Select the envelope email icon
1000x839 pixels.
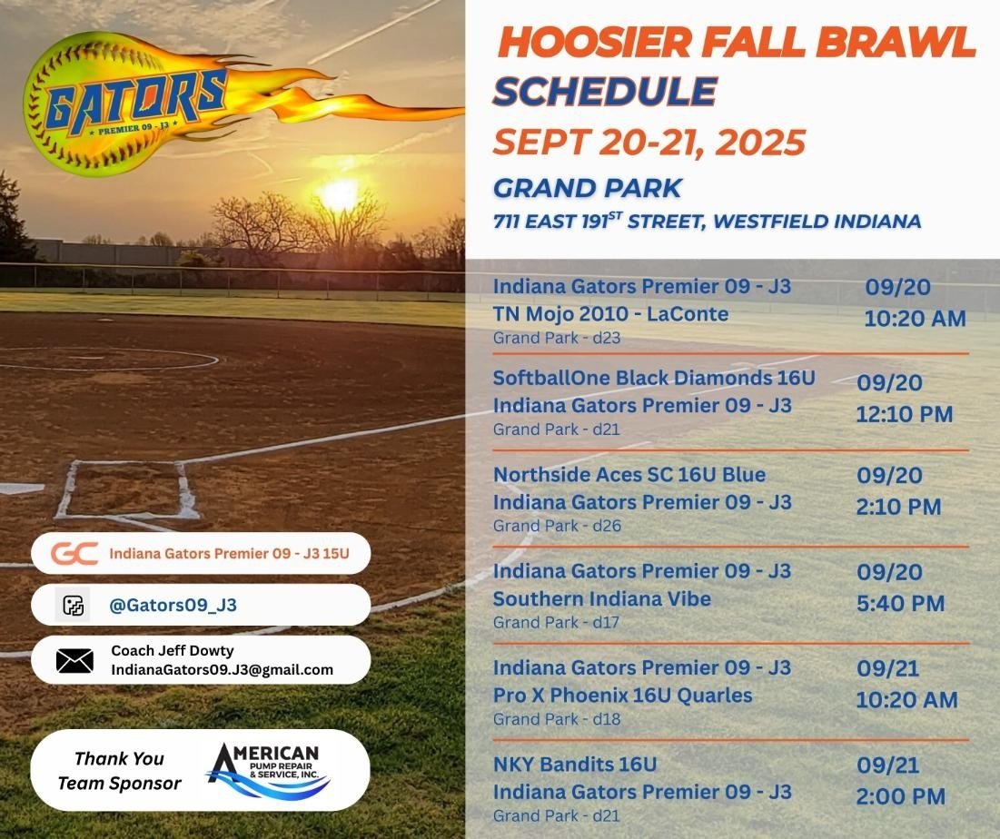(74, 660)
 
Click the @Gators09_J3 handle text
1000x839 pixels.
(173, 605)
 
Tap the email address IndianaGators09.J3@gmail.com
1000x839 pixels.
(223, 670)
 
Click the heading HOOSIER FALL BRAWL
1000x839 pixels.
(736, 42)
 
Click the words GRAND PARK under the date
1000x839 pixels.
(587, 188)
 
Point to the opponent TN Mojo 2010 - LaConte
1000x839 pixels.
(610, 314)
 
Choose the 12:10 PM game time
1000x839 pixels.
(904, 415)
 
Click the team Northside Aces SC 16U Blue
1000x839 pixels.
(629, 475)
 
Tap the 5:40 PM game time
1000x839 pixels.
(900, 603)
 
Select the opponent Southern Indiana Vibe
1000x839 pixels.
(601, 599)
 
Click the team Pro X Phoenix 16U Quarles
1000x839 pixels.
(622, 696)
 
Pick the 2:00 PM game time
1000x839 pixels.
(900, 797)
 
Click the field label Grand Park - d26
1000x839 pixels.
(557, 526)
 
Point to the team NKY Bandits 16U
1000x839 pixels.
(574, 764)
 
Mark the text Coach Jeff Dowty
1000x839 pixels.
(173, 650)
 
